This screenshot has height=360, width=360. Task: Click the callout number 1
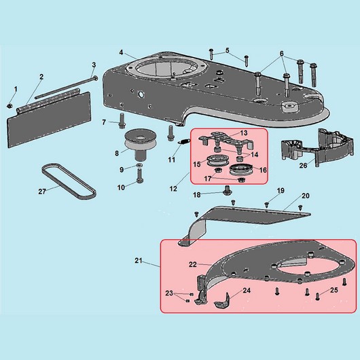tap(16, 89)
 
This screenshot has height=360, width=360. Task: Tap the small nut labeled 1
tap(10, 106)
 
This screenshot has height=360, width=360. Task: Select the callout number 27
tap(42, 192)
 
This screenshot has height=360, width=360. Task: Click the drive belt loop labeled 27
tap(69, 180)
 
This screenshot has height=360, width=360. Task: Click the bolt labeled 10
tap(140, 175)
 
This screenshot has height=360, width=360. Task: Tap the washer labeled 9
tap(139, 165)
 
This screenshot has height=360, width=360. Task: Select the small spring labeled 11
tap(184, 142)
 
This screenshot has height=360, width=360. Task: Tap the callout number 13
tap(244, 133)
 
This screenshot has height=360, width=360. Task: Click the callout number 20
tap(306, 196)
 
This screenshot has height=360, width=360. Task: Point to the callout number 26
tap(303, 165)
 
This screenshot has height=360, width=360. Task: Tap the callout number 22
tap(193, 265)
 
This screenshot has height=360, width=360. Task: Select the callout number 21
tap(139, 261)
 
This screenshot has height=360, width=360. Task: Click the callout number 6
tap(281, 54)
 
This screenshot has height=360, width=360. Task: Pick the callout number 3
tap(94, 65)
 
